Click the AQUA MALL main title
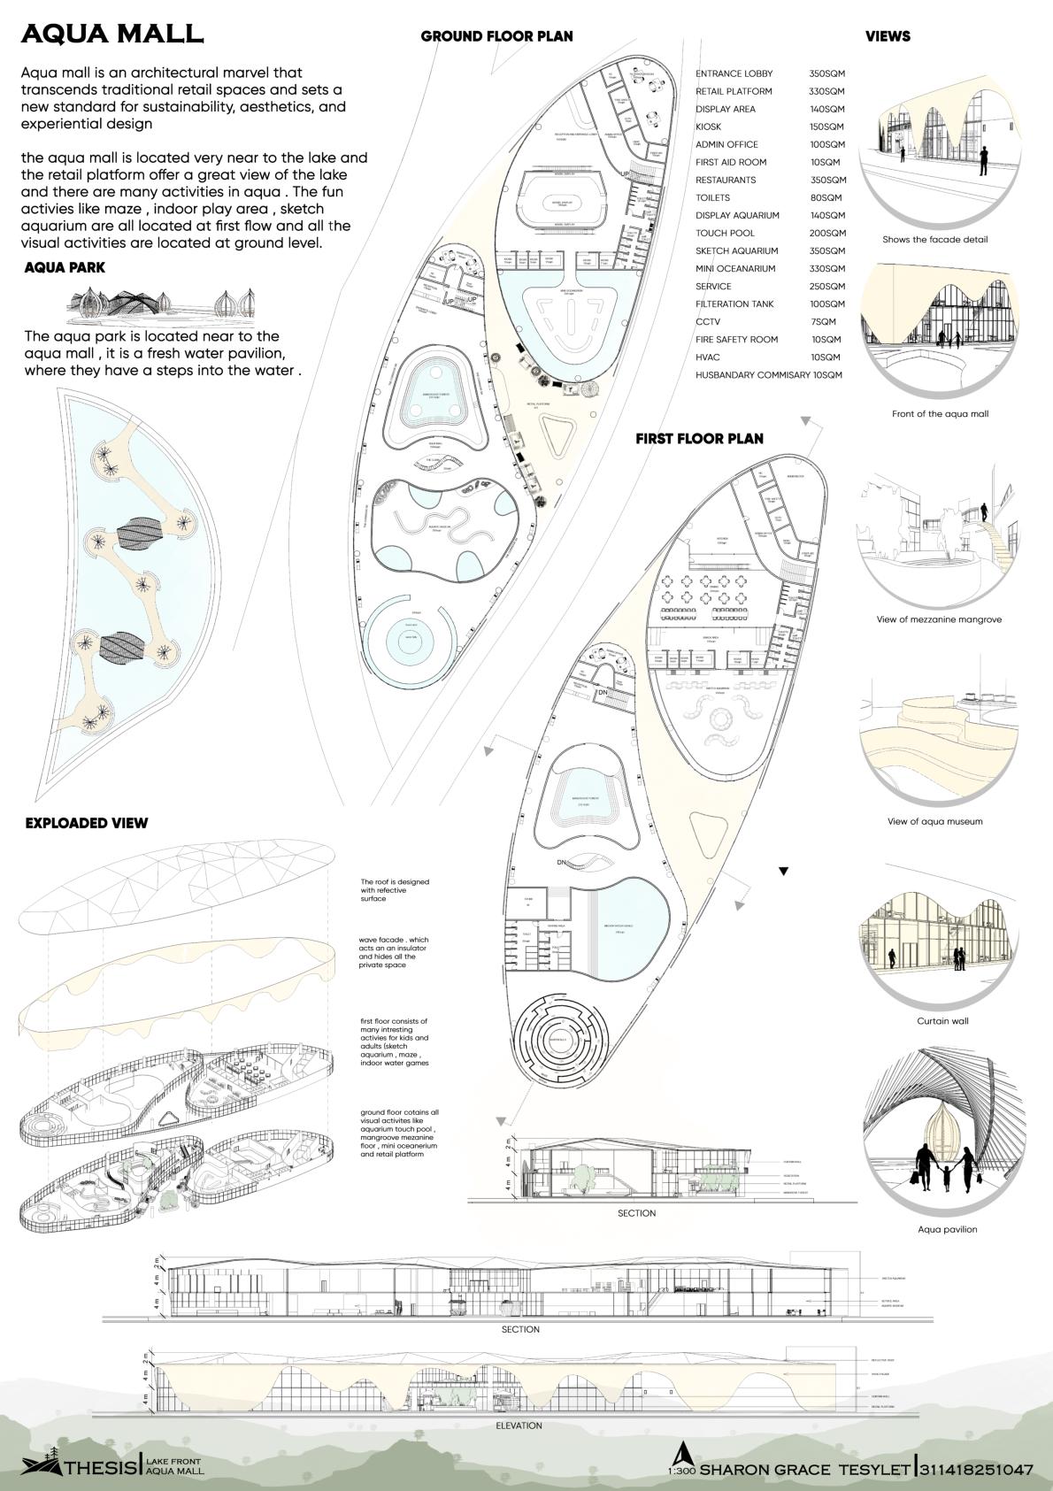tap(112, 34)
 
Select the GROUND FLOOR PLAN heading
tap(496, 36)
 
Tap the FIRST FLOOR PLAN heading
tap(699, 438)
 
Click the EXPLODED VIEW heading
tap(87, 823)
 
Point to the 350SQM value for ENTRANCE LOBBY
tap(826, 73)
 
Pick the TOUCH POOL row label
tap(725, 233)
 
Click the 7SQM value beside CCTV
tap(823, 322)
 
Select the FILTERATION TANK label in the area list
tap(734, 304)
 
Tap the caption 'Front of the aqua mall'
tap(940, 413)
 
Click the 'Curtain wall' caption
tap(942, 1020)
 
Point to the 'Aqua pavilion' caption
tap(947, 1229)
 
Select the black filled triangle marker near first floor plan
tap(782, 872)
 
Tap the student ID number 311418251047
tap(976, 1470)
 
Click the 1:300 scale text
tap(681, 1471)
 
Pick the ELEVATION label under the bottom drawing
tap(519, 1426)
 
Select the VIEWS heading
tap(888, 36)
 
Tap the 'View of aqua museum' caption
tap(934, 821)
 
